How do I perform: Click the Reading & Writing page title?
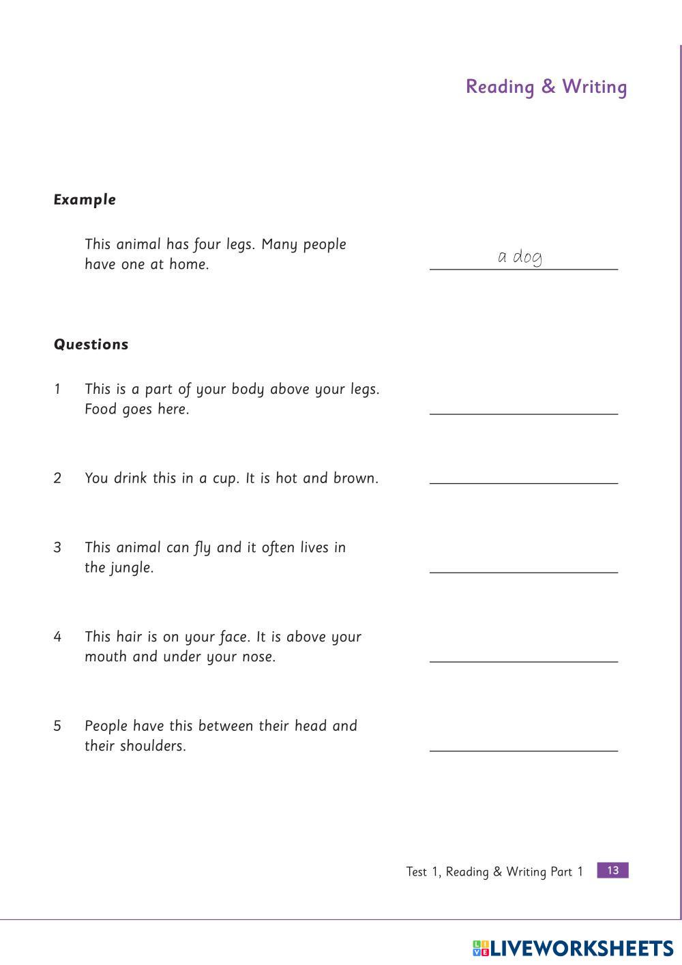click(x=546, y=87)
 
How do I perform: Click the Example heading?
click(x=85, y=200)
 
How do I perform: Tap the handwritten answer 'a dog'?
click(x=520, y=257)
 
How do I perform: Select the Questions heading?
click(x=91, y=345)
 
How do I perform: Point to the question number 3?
click(x=57, y=547)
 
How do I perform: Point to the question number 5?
click(x=57, y=726)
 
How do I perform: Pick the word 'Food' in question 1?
click(x=100, y=409)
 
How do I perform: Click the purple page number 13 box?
click(x=612, y=870)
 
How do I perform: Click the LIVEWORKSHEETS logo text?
click(x=581, y=948)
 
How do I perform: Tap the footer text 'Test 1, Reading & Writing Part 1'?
click(x=494, y=872)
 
